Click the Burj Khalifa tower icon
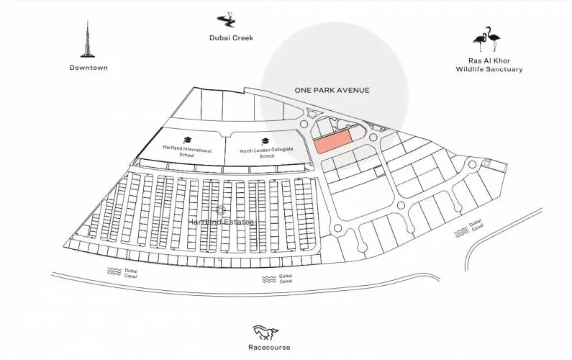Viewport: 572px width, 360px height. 88,38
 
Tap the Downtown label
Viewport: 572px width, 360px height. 88,68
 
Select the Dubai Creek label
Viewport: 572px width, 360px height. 232,38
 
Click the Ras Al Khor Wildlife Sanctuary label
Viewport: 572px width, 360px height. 489,65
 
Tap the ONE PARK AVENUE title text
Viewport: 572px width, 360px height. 332,90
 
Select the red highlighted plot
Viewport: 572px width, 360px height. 333,141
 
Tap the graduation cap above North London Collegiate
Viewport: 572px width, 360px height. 265,140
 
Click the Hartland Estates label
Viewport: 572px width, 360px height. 222,222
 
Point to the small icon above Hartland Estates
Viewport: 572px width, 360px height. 222,210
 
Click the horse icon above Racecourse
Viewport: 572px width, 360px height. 265,332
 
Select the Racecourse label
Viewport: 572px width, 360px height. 271,348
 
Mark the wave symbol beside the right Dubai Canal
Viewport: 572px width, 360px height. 461,234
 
